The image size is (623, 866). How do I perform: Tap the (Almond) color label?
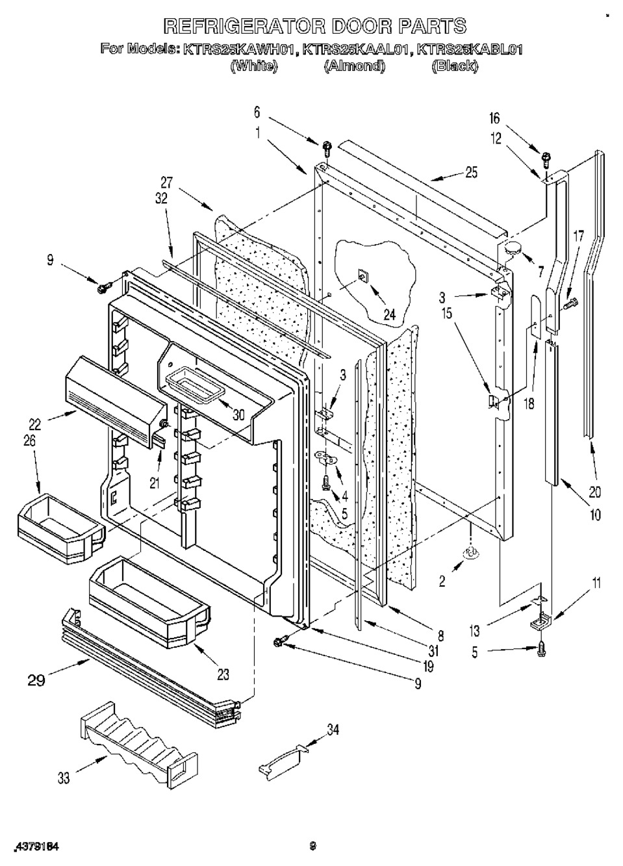(354, 66)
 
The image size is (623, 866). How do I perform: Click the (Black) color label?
(455, 66)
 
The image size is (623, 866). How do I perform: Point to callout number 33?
(63, 777)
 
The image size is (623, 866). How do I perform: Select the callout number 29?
(37, 680)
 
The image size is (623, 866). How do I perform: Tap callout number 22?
(34, 424)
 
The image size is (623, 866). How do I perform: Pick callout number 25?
(471, 172)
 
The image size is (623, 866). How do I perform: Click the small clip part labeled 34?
(281, 761)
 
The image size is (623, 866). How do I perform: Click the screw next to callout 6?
(327, 147)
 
